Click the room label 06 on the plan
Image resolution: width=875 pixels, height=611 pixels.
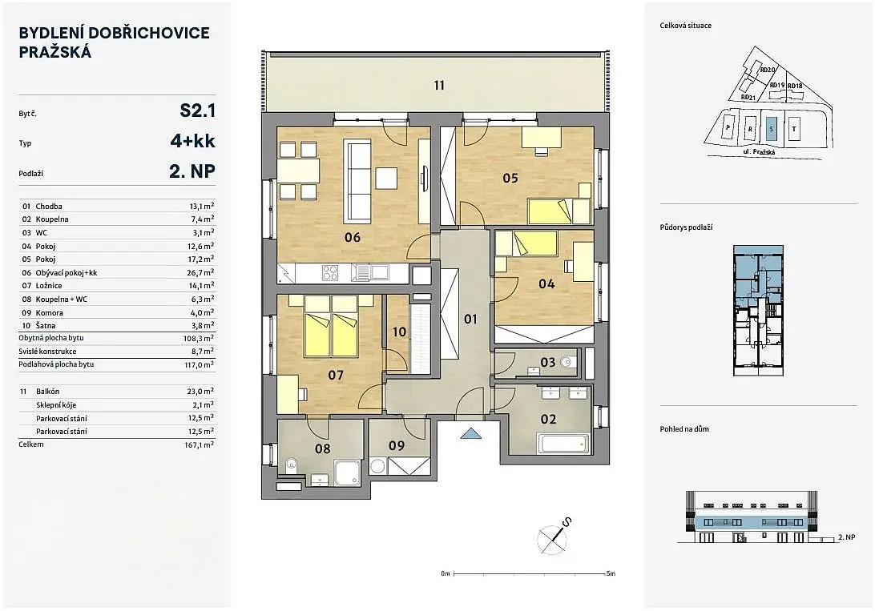click(x=353, y=238)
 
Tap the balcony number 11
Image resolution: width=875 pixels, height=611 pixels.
click(x=439, y=86)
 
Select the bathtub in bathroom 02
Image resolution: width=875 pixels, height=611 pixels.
click(x=563, y=444)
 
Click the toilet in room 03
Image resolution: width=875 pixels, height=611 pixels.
click(x=567, y=363)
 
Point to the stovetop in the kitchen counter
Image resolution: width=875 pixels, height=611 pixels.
click(x=330, y=272)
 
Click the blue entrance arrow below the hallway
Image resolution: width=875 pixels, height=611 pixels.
click(x=471, y=433)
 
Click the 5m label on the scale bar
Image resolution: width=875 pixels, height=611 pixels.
click(x=611, y=573)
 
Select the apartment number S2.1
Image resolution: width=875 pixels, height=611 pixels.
click(x=198, y=111)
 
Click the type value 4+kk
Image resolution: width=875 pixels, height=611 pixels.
click(x=192, y=140)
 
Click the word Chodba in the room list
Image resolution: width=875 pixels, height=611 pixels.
click(x=49, y=207)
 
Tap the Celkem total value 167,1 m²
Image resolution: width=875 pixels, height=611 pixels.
click(x=201, y=444)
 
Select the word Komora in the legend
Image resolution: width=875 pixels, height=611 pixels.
click(x=50, y=313)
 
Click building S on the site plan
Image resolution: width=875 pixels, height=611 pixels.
click(x=772, y=128)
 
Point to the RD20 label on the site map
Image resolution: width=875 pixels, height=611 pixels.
click(x=768, y=70)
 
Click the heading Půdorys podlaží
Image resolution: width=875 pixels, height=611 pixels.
click(x=686, y=227)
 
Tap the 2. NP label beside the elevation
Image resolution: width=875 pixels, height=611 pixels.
click(x=846, y=537)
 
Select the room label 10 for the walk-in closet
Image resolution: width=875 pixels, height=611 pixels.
click(x=399, y=332)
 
